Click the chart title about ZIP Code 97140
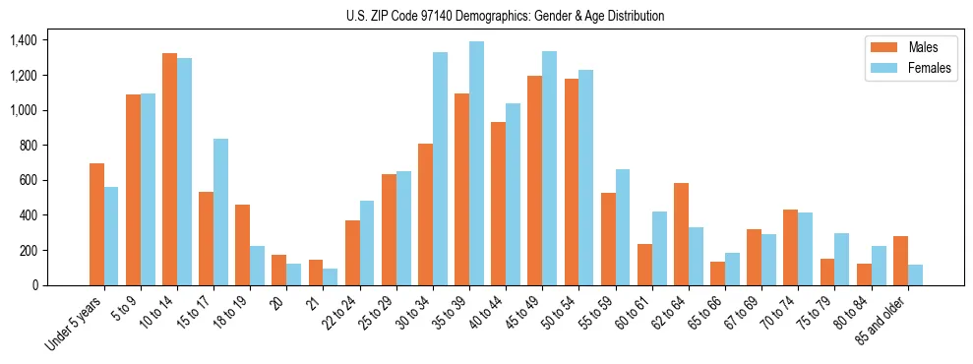pos(505,16)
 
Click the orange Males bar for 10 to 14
pos(169,169)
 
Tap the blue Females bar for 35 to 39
pos(476,163)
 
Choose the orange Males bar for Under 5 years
pos(96,224)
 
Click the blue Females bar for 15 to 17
pos(221,212)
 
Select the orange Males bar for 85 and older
pos(900,261)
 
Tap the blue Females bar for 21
pos(331,276)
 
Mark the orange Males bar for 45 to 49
pos(534,180)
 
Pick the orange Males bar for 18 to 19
pos(242,245)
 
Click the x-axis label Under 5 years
pos(76,325)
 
